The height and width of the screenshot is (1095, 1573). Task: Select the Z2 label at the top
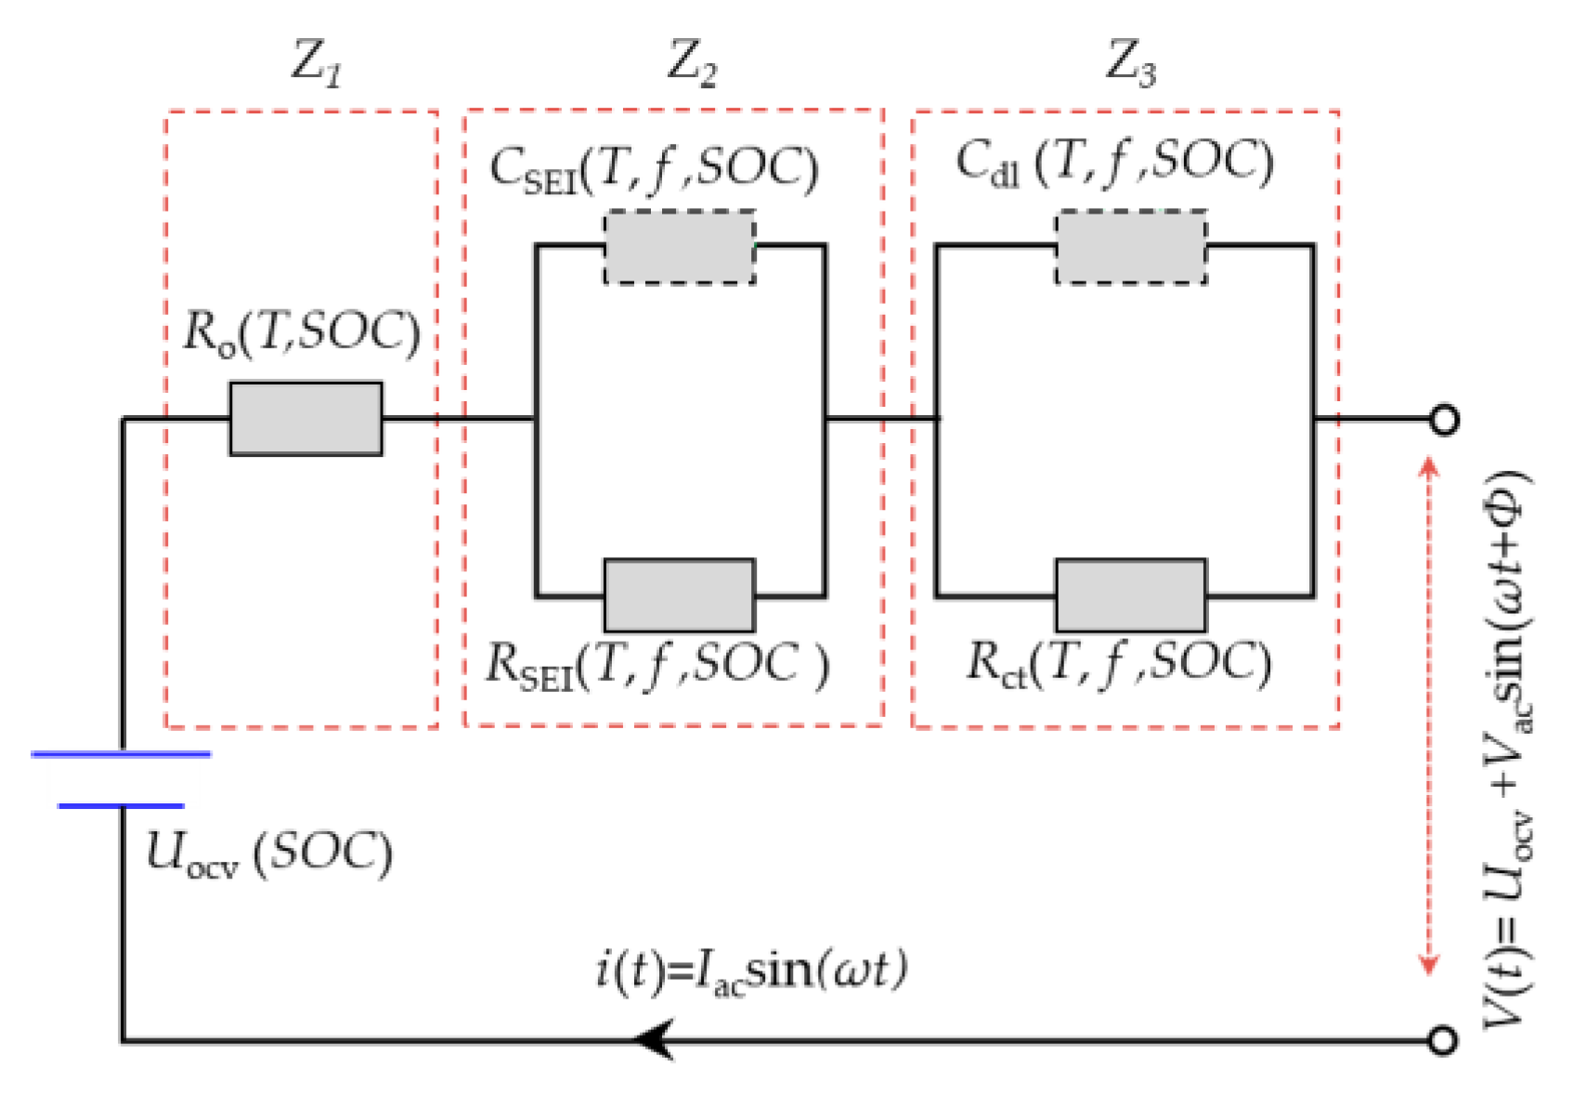pyautogui.click(x=693, y=63)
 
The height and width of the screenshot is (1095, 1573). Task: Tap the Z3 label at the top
pyautogui.click(x=1131, y=63)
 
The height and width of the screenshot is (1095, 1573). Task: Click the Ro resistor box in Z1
pyautogui.click(x=305, y=419)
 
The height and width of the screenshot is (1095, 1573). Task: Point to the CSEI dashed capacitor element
pyautogui.click(x=679, y=247)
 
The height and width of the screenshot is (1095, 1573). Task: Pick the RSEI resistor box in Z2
pyautogui.click(x=679, y=595)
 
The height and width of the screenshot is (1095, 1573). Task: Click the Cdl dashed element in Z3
pyautogui.click(x=1131, y=247)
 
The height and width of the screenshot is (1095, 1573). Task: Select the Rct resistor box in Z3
pyautogui.click(x=1131, y=595)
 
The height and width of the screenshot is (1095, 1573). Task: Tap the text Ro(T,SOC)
pyautogui.click(x=302, y=332)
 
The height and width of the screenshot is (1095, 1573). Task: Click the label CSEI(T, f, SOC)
pyautogui.click(x=654, y=169)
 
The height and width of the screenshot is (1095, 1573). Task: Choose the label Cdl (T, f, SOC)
pyautogui.click(x=1115, y=163)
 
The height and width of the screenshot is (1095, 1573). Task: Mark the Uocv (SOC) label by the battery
pyautogui.click(x=269, y=853)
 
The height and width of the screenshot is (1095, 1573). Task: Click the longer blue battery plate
pyautogui.click(x=122, y=754)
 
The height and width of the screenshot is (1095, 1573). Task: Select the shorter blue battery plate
pyautogui.click(x=122, y=806)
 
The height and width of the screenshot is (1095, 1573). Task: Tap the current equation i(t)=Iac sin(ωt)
pyautogui.click(x=750, y=971)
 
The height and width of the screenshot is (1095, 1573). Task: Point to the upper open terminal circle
pyautogui.click(x=1443, y=420)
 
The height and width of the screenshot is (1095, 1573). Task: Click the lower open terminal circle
pyautogui.click(x=1441, y=1040)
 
